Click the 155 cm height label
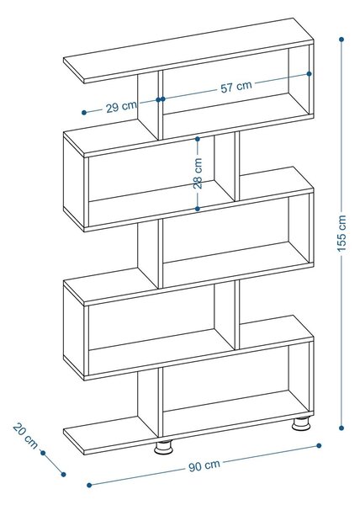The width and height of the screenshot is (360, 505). pos(341,233)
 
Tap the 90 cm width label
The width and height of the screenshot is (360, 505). pos(204,465)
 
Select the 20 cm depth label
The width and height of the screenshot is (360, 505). pos(25,436)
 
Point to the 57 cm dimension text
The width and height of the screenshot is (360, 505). pos(236,87)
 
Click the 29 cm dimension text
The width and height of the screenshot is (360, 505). pos(121,107)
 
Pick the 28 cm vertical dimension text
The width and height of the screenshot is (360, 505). pos(198,173)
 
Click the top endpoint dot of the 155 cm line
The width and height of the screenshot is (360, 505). pos(341,40)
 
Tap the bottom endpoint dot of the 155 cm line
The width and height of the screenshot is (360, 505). pos(341,428)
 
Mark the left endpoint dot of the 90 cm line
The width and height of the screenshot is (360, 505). pos(89,485)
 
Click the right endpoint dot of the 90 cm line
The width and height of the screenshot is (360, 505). pos(319,446)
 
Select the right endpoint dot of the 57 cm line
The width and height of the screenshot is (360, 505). pos(310,74)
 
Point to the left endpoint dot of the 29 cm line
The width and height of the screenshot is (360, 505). pos(84,113)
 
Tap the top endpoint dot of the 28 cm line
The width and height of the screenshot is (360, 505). pos(198,139)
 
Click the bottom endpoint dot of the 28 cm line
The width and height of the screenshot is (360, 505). pos(198,209)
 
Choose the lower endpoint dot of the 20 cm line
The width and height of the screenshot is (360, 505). pos(63,475)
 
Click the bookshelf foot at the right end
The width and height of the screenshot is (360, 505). pos(301,424)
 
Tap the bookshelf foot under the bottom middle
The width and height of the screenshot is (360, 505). pos(163,447)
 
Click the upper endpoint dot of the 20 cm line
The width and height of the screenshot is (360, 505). pos(43,453)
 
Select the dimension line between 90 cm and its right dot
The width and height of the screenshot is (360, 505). pos(270,454)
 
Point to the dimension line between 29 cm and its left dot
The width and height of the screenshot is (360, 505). pos(94,111)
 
